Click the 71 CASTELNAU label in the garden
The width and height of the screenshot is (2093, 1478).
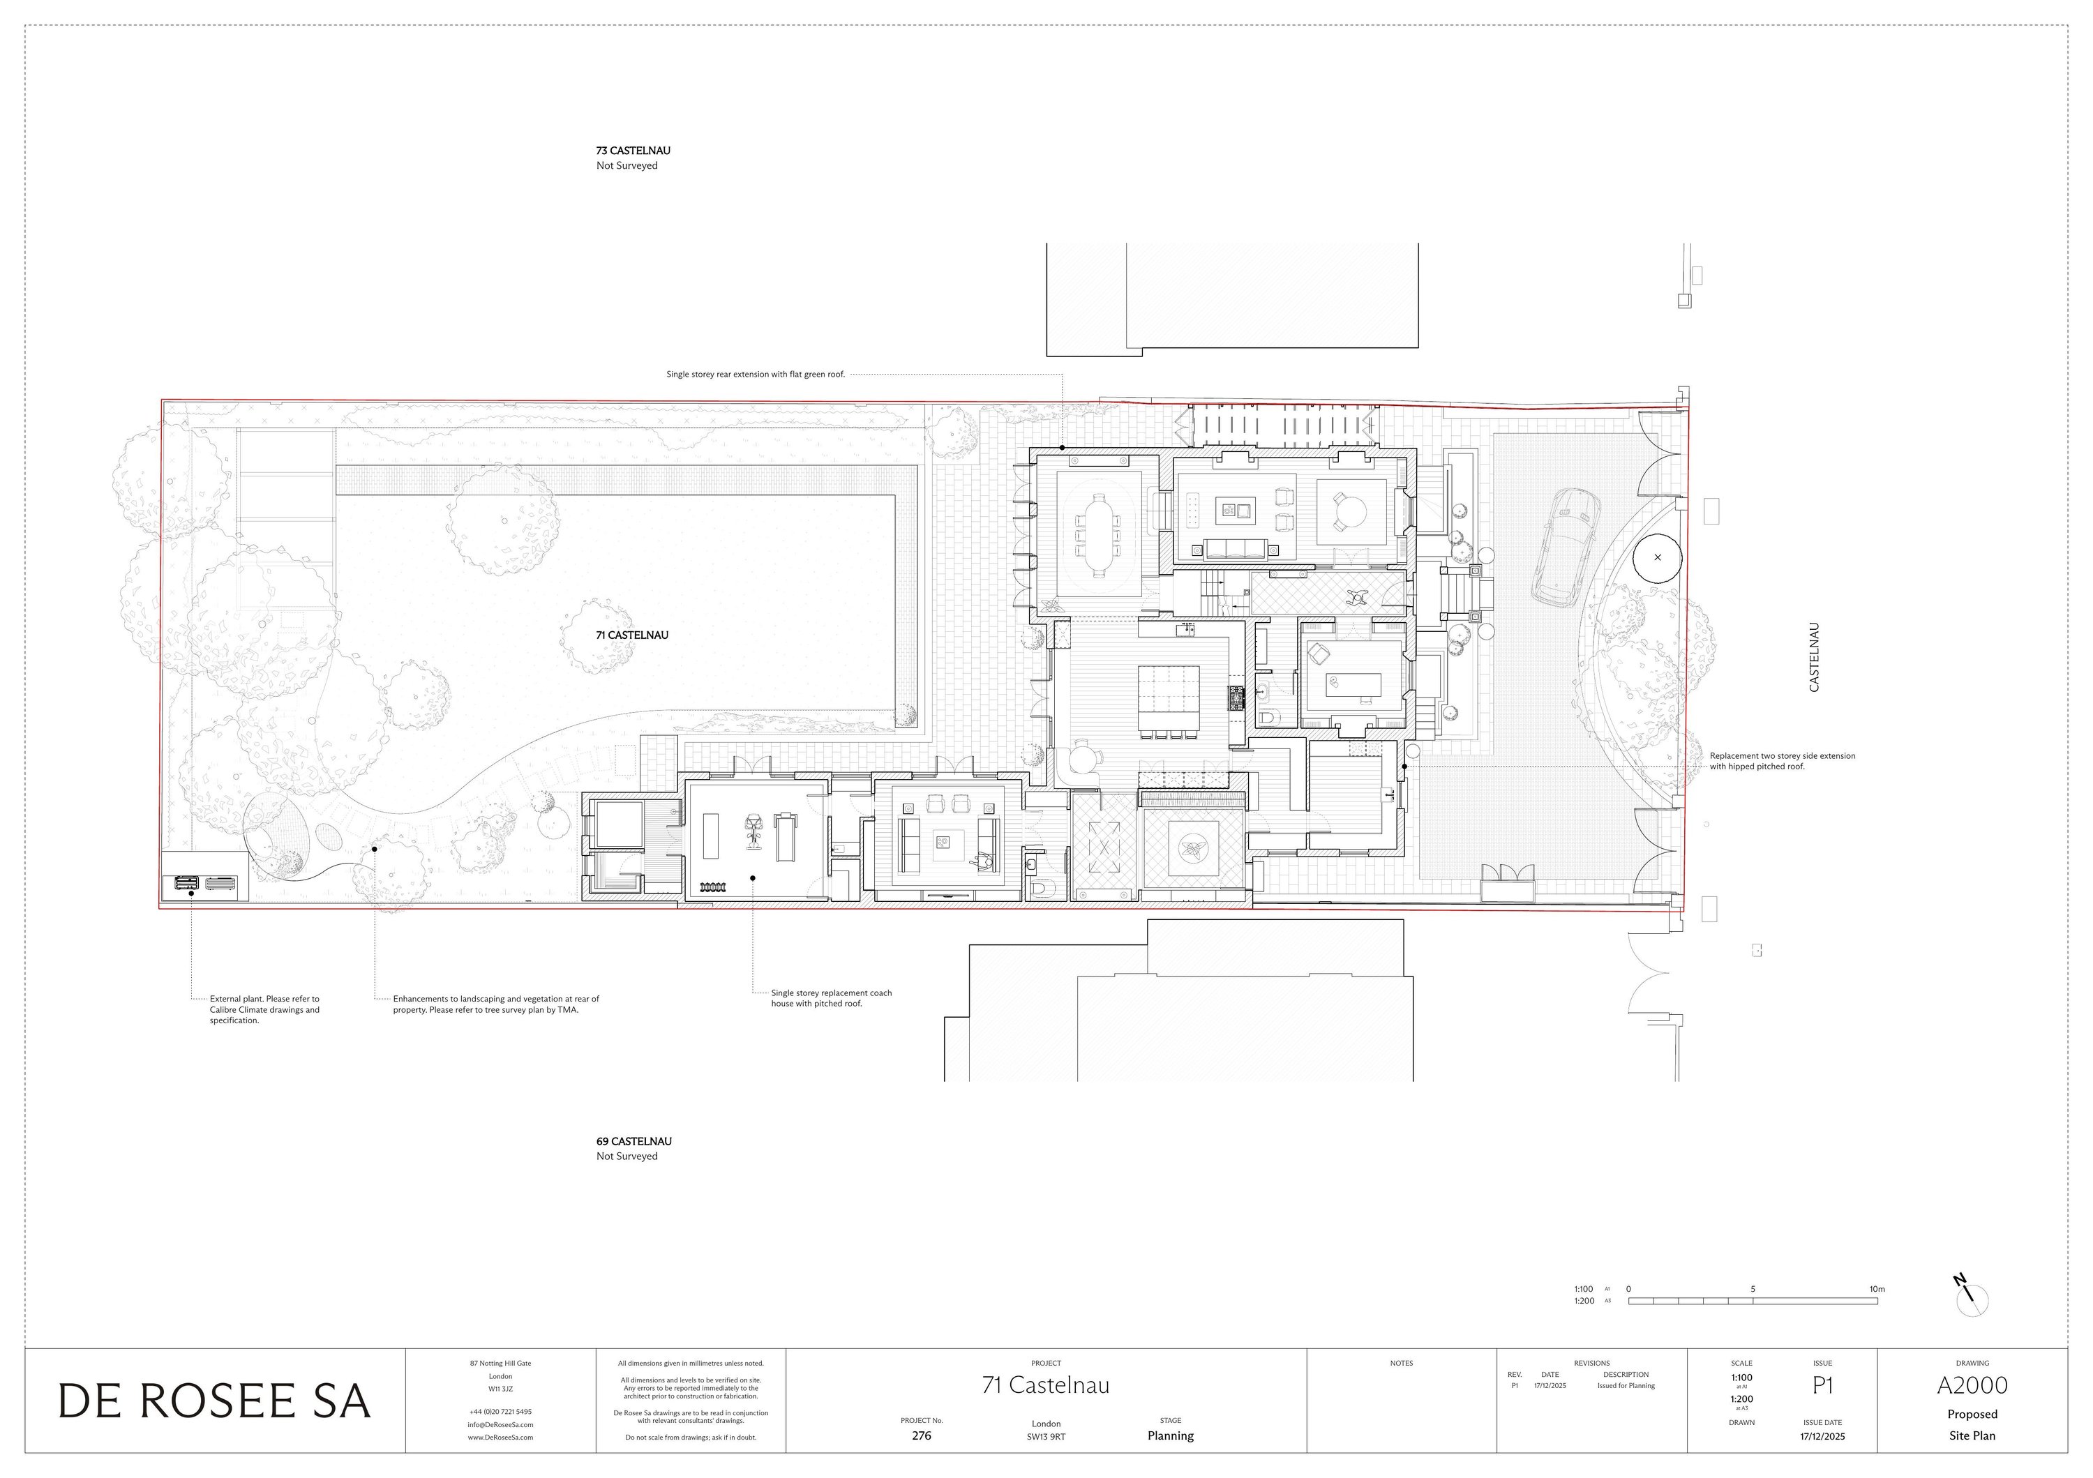pos(631,635)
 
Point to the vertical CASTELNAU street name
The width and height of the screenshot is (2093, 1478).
pos(1813,658)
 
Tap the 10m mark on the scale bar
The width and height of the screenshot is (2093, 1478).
pos(1876,1290)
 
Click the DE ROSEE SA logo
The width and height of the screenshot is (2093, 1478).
pos(214,1401)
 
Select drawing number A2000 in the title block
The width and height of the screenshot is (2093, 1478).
pos(1972,1386)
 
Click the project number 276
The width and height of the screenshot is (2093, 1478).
pos(922,1436)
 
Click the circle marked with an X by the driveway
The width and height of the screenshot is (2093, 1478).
pos(1656,558)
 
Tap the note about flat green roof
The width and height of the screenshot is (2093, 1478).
pos(755,375)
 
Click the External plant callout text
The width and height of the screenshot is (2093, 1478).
pos(264,1010)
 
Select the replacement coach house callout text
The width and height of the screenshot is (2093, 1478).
pos(830,998)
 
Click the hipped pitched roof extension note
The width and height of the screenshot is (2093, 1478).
pos(1781,761)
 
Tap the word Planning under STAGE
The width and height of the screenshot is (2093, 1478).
pos(1169,1436)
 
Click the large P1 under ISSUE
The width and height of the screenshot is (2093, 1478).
pos(1822,1386)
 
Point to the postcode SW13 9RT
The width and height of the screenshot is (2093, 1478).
pos(1046,1437)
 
